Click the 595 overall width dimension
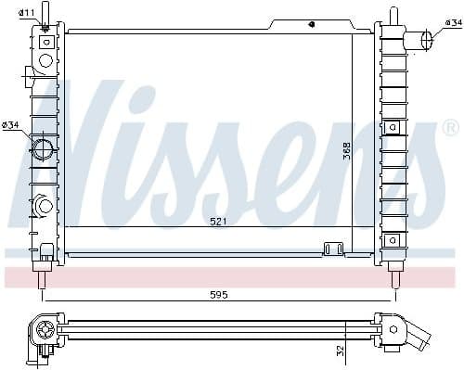point(219,295)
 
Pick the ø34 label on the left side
point(11,125)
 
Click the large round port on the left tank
point(43,148)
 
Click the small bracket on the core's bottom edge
point(332,248)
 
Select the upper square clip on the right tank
point(393,127)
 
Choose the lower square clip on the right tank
point(393,239)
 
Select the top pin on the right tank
point(393,16)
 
